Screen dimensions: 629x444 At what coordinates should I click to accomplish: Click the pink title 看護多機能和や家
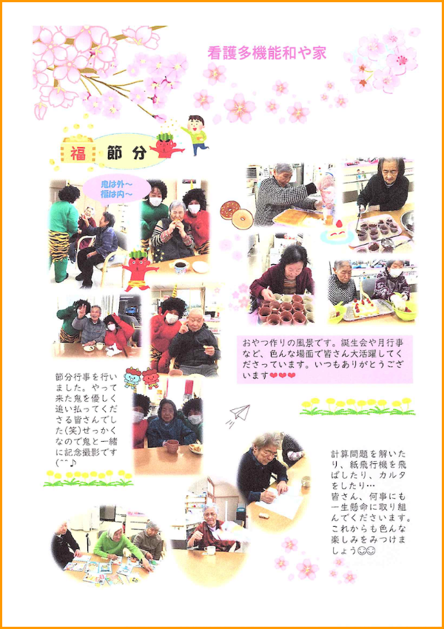tap(266, 53)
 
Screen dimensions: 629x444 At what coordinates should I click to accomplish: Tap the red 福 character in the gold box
tap(78, 153)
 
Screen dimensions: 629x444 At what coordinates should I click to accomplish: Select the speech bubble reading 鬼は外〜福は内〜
tap(116, 189)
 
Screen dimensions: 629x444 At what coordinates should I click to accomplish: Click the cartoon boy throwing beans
tap(195, 133)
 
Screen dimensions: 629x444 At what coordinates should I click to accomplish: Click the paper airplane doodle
tap(240, 413)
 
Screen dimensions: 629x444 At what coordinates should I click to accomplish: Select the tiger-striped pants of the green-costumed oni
tap(59, 248)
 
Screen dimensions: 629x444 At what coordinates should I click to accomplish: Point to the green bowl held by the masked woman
tap(404, 308)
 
